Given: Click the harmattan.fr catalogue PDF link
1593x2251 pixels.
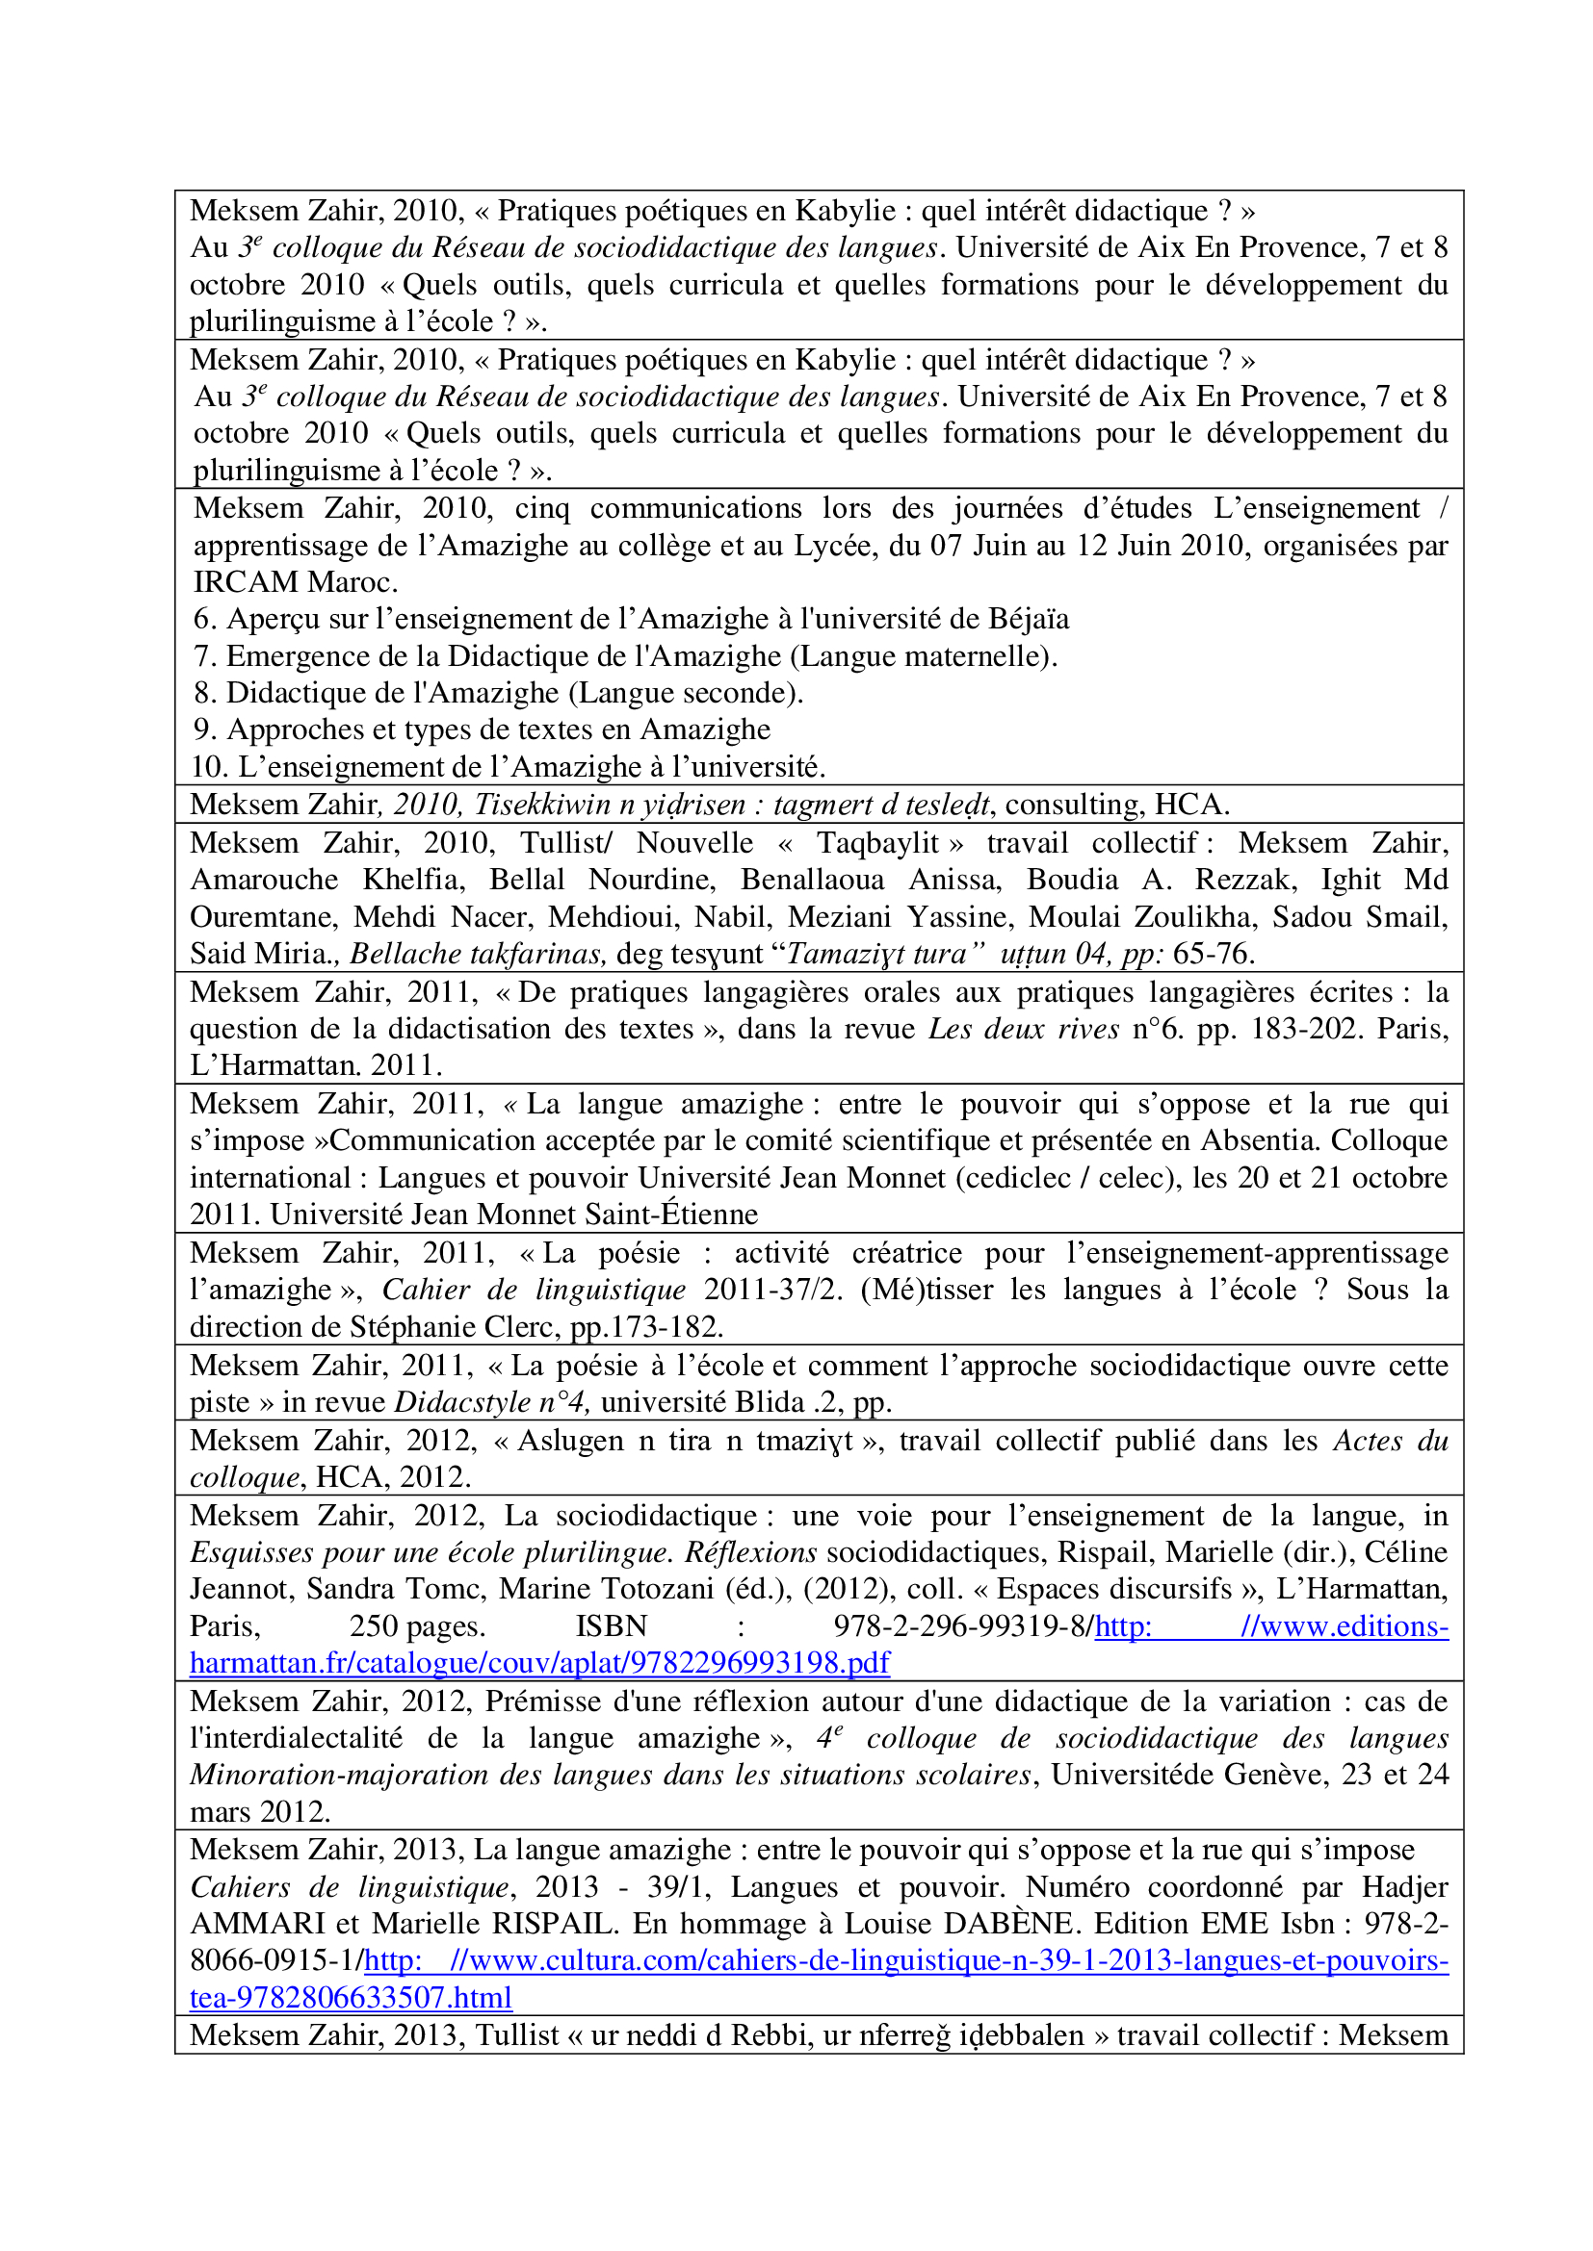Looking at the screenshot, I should click(x=539, y=1663).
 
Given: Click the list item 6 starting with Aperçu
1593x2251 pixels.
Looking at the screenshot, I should click(x=631, y=619).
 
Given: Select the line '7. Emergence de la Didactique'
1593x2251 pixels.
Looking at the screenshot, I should click(x=625, y=656).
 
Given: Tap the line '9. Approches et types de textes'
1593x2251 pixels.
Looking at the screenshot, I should click(x=482, y=729).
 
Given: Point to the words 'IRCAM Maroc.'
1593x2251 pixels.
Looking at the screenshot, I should click(x=296, y=582).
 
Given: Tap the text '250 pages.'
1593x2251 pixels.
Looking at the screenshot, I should click(x=417, y=1626).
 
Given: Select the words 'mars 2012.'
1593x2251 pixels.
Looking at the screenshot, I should click(x=260, y=1812).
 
